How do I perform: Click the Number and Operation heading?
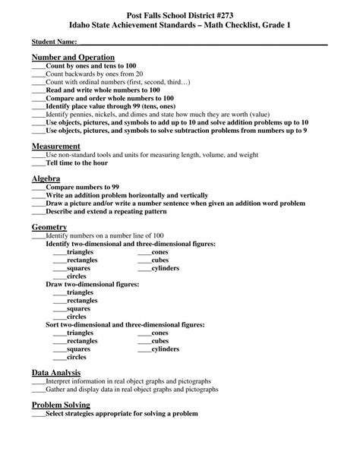pos(73,58)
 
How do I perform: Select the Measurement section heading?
pos(56,145)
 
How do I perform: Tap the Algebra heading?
pos(46,178)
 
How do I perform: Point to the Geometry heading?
pos(49,227)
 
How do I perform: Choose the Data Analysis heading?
pos(57,373)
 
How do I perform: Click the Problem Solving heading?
pos(61,406)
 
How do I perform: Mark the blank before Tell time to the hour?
pos(38,163)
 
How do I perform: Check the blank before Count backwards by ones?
pos(38,74)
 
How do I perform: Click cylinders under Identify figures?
pos(165,268)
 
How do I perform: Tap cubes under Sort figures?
pos(159,341)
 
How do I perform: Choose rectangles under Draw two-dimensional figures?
pos(82,300)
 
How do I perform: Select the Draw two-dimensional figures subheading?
pos(92,284)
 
